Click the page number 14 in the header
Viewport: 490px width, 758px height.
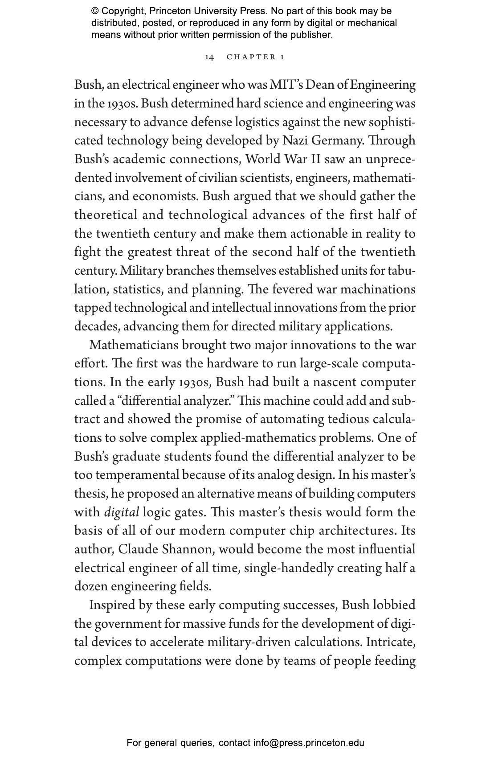click(x=209, y=57)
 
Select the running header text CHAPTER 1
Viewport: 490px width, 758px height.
click(x=255, y=57)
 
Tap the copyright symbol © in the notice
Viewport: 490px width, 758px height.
click(x=95, y=11)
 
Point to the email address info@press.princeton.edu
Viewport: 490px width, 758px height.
click(x=309, y=743)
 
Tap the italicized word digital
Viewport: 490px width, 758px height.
click(x=122, y=512)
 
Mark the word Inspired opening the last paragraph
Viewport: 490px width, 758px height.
click(x=114, y=605)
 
